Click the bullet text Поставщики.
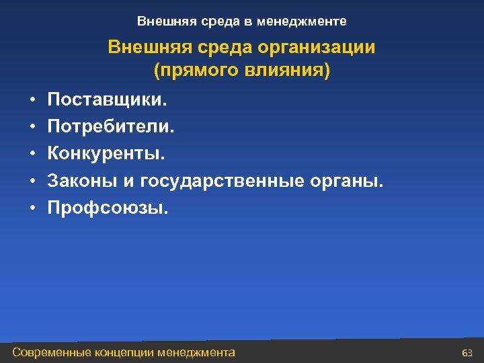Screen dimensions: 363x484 107,102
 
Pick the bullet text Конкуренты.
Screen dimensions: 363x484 106,155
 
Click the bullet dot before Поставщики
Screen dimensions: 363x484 32,102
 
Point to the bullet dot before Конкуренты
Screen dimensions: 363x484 32,155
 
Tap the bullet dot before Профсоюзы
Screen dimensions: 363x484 32,208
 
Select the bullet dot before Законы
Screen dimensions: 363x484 32,182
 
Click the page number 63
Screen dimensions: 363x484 467,352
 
